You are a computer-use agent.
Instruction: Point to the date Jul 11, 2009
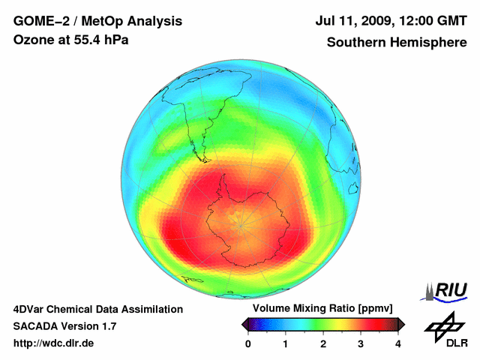[350, 21]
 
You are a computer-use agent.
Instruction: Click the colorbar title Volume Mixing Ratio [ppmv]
[322, 308]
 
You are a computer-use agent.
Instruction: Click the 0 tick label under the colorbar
[248, 343]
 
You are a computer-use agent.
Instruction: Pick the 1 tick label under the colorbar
[286, 343]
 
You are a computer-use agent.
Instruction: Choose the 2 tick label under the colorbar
[323, 343]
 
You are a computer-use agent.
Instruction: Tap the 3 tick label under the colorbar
[361, 343]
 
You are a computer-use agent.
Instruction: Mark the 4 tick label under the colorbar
[398, 343]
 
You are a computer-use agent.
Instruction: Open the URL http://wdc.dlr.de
[54, 343]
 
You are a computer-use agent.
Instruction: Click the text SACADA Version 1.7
[64, 326]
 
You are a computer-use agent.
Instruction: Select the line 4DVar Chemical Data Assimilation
[97, 309]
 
